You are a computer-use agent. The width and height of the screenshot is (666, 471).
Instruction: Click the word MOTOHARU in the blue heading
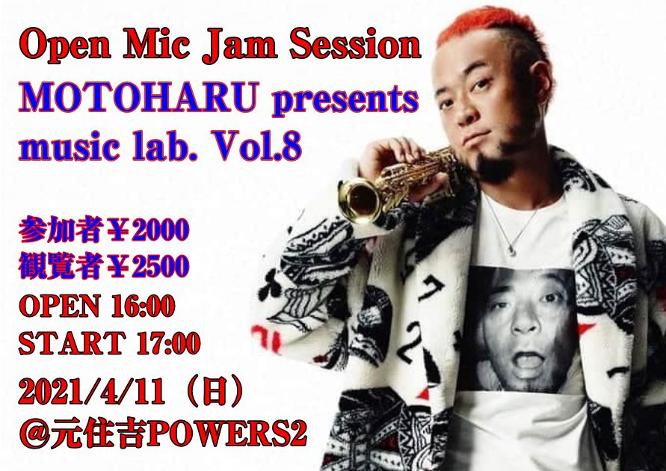138,97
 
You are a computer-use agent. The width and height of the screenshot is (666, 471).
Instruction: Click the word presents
345,101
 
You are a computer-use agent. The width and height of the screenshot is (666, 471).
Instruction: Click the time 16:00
143,306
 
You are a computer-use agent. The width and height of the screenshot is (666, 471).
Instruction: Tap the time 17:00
168,343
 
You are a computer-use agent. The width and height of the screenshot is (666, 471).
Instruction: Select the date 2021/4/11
91,392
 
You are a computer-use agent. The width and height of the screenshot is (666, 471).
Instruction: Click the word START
72,343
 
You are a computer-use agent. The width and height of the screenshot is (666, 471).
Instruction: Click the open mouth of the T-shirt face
527,360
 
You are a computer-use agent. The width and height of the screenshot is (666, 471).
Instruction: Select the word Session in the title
355,44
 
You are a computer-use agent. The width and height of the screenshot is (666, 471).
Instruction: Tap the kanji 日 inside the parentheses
215,392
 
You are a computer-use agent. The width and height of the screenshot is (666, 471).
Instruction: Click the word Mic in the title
156,44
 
